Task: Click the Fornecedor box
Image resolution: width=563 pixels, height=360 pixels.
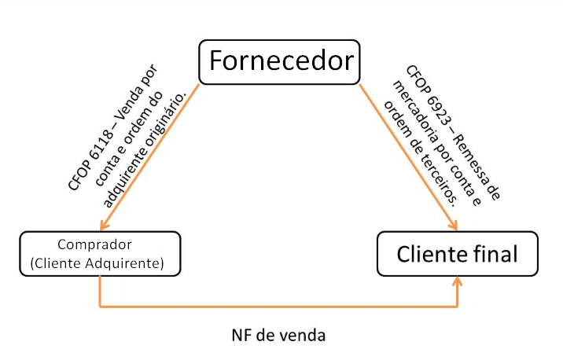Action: pos(281,61)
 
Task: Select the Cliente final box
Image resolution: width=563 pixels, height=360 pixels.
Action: pos(457,254)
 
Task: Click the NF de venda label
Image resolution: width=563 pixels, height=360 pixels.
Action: pos(278,335)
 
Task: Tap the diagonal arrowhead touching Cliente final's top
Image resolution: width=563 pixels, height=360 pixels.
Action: pos(454,226)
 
